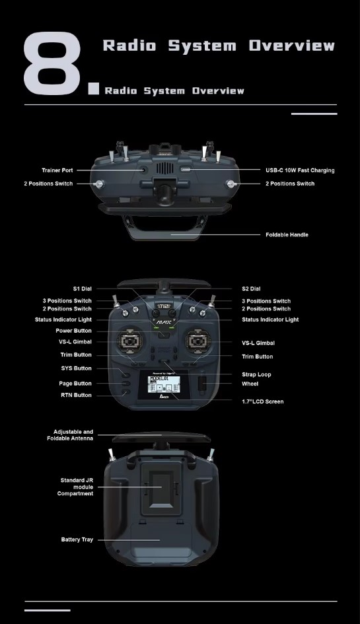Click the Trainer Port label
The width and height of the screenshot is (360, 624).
coord(57,170)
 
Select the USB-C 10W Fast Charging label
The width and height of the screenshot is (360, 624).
coord(300,170)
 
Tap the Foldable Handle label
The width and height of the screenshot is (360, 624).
coord(287,234)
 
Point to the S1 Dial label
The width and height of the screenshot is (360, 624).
coord(82,289)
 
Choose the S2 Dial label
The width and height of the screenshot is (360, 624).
coord(251,289)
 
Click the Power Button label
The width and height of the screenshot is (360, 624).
coord(74,331)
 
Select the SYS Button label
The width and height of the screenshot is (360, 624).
coord(76,368)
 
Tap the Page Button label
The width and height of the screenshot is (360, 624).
coord(75,384)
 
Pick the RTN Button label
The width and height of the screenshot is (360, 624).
coord(76,396)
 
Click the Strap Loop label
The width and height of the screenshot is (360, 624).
coord(256,374)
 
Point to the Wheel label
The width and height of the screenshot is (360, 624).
coord(250,384)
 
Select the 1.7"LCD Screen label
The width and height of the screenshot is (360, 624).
coord(262,401)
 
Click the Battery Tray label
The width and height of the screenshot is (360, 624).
coord(77,539)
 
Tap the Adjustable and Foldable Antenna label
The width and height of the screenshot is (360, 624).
coord(70,435)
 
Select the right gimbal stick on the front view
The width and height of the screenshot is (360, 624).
coord(198,341)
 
